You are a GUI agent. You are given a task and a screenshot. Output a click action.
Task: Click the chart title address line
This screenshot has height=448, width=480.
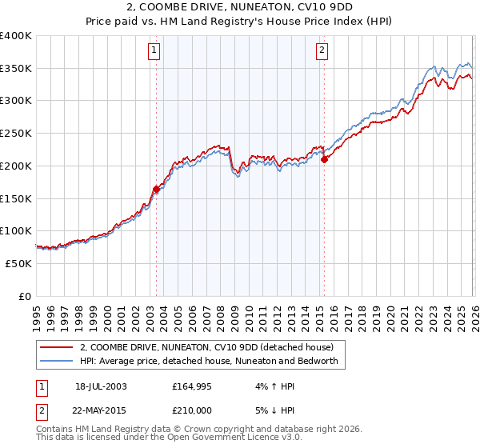click(x=240, y=7)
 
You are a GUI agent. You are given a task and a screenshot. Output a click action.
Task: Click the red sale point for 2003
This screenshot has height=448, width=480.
click(x=156, y=189)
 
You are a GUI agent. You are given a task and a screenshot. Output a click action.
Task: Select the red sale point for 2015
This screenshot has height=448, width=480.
click(x=325, y=159)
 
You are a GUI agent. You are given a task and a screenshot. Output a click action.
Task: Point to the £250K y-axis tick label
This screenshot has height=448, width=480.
click(x=16, y=134)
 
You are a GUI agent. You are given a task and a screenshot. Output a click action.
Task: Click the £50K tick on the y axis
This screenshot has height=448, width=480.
click(x=18, y=263)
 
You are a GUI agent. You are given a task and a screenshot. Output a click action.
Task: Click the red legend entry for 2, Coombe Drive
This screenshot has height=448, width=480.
click(x=211, y=348)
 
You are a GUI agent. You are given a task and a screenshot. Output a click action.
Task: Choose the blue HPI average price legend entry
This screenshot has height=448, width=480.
click(x=209, y=362)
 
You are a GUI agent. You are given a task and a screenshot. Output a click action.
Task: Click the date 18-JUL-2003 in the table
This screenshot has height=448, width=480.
click(x=101, y=386)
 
